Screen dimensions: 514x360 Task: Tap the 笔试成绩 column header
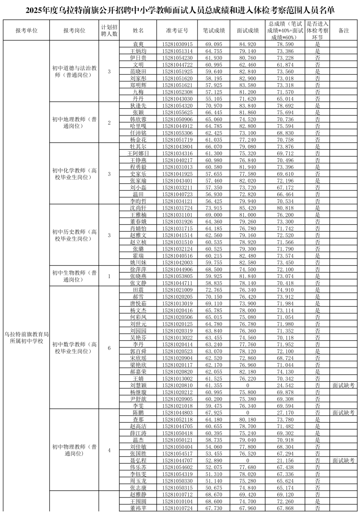point(214,31)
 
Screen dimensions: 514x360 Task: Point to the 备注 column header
point(343,31)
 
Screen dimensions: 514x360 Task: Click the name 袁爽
point(138,45)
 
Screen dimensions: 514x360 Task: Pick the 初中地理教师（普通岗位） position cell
point(74,123)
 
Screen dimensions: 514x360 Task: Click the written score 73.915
point(214,208)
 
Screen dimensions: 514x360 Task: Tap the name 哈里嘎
point(138,126)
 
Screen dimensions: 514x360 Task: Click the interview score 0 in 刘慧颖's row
point(248,385)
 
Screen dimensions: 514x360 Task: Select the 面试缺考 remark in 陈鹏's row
point(343,413)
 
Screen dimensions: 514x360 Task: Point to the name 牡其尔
point(138,147)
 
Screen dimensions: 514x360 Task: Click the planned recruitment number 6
point(109,348)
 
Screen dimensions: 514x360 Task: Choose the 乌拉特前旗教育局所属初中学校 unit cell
point(26,338)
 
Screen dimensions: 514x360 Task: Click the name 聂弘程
point(138,461)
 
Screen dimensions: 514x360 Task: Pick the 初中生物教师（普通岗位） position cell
point(74,276)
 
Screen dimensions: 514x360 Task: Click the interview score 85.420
point(248,208)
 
